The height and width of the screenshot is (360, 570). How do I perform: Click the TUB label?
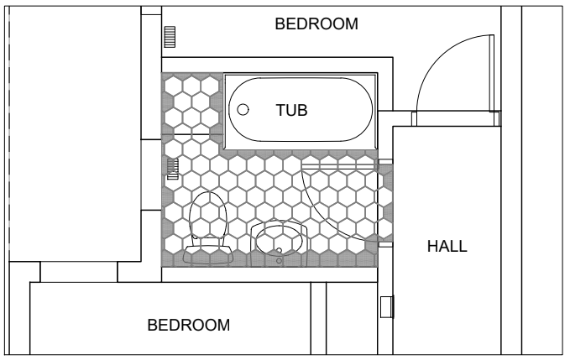coord(291,110)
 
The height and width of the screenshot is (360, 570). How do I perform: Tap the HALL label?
coord(447,247)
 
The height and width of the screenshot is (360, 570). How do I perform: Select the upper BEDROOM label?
coord(316,24)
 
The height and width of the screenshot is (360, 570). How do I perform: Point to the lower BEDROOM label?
coord(189,325)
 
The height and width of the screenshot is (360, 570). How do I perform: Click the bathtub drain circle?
coord(243,109)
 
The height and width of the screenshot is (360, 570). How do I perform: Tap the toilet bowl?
coord(208,216)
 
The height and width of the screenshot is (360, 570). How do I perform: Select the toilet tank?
coord(208,254)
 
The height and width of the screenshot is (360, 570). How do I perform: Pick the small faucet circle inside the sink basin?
coord(280,250)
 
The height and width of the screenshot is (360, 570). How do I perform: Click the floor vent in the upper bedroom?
coord(170,37)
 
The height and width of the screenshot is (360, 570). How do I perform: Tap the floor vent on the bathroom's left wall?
coord(173,169)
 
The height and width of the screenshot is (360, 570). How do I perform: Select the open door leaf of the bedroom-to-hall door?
coord(492,73)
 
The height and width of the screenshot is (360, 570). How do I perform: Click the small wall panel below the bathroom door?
coord(387,307)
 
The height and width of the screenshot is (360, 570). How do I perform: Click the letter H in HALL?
coord(432,247)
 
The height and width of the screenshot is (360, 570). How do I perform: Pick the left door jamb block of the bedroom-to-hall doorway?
coord(414,119)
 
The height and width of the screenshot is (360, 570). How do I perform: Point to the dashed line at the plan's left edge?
coord(9,133)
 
